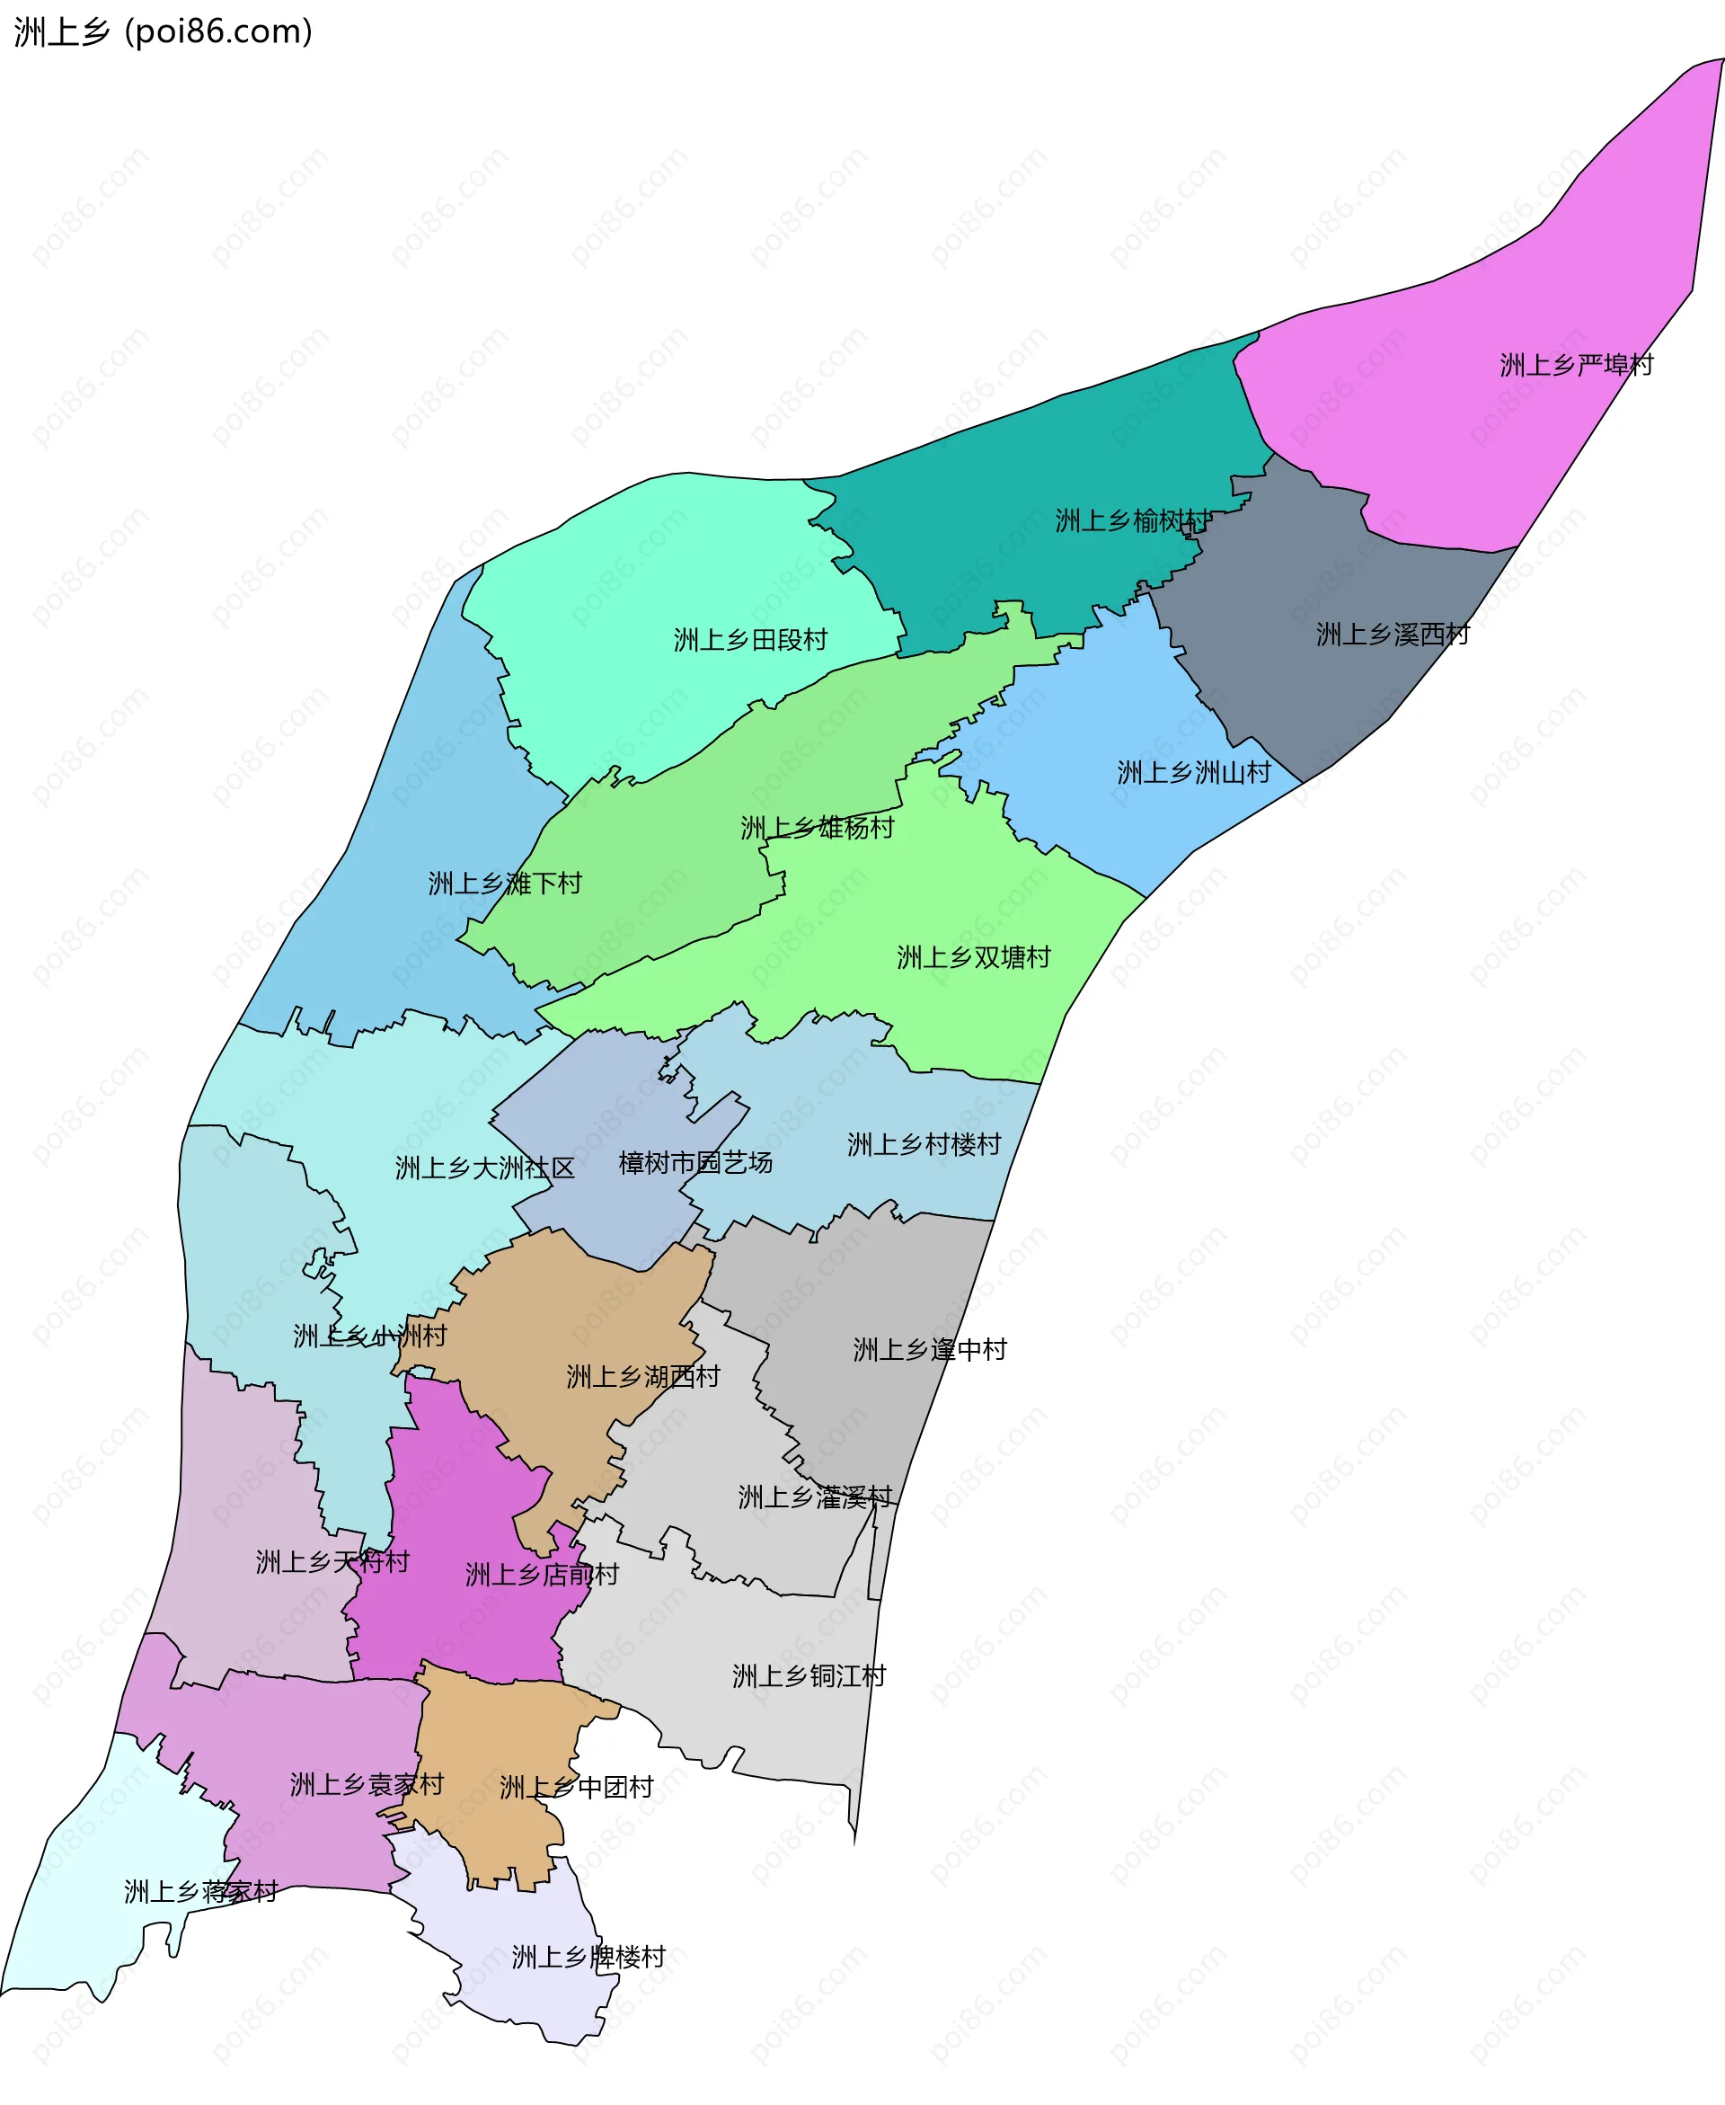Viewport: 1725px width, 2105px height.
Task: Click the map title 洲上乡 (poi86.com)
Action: pyautogui.click(x=163, y=31)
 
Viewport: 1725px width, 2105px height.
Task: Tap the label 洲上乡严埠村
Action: pyautogui.click(x=1576, y=365)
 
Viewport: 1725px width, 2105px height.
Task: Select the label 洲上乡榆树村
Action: pyautogui.click(x=1133, y=520)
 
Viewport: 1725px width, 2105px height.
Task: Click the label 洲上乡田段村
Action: pyautogui.click(x=750, y=639)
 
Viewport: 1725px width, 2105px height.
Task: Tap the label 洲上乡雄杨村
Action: pyautogui.click(x=817, y=827)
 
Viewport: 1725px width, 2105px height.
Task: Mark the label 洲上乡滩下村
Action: pyautogui.click(x=505, y=883)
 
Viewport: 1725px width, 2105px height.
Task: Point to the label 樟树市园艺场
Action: pyautogui.click(x=694, y=1162)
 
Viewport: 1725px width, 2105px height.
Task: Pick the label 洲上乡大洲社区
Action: pyautogui.click(x=485, y=1168)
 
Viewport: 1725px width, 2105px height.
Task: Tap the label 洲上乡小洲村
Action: pyautogui.click(x=369, y=1336)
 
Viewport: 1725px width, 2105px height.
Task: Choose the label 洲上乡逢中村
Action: pyautogui.click(x=929, y=1349)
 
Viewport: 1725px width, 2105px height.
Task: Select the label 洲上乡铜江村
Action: pyautogui.click(x=809, y=1676)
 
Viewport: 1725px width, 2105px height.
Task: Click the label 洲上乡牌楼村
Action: pyautogui.click(x=588, y=1957)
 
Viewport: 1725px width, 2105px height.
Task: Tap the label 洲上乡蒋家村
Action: pyautogui.click(x=200, y=1891)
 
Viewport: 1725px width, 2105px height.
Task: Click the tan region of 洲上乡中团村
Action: pyautogui.click(x=497, y=1729)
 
